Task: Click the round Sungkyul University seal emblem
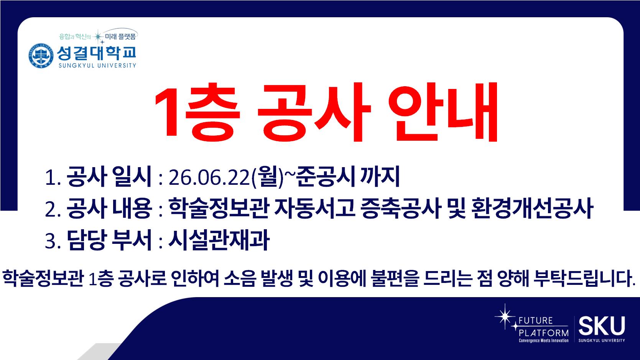pos(41,56)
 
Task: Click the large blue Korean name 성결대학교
pos(97,53)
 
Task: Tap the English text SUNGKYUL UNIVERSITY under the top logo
pos(97,66)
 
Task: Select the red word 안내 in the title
pos(443,112)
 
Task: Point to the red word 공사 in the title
pos(314,112)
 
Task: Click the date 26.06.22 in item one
pos(209,177)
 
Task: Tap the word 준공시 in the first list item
pos(326,176)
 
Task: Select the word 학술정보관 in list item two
pos(219,208)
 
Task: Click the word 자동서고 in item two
pos(315,208)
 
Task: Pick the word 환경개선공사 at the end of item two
pos(532,208)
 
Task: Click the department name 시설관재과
pos(219,240)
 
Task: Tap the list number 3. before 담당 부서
pos(53,241)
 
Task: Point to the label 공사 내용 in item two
pos(109,208)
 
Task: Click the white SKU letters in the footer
pos(602,325)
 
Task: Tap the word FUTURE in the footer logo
pos(536,321)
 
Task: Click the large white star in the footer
pos(505,317)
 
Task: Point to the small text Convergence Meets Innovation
pos(544,340)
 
